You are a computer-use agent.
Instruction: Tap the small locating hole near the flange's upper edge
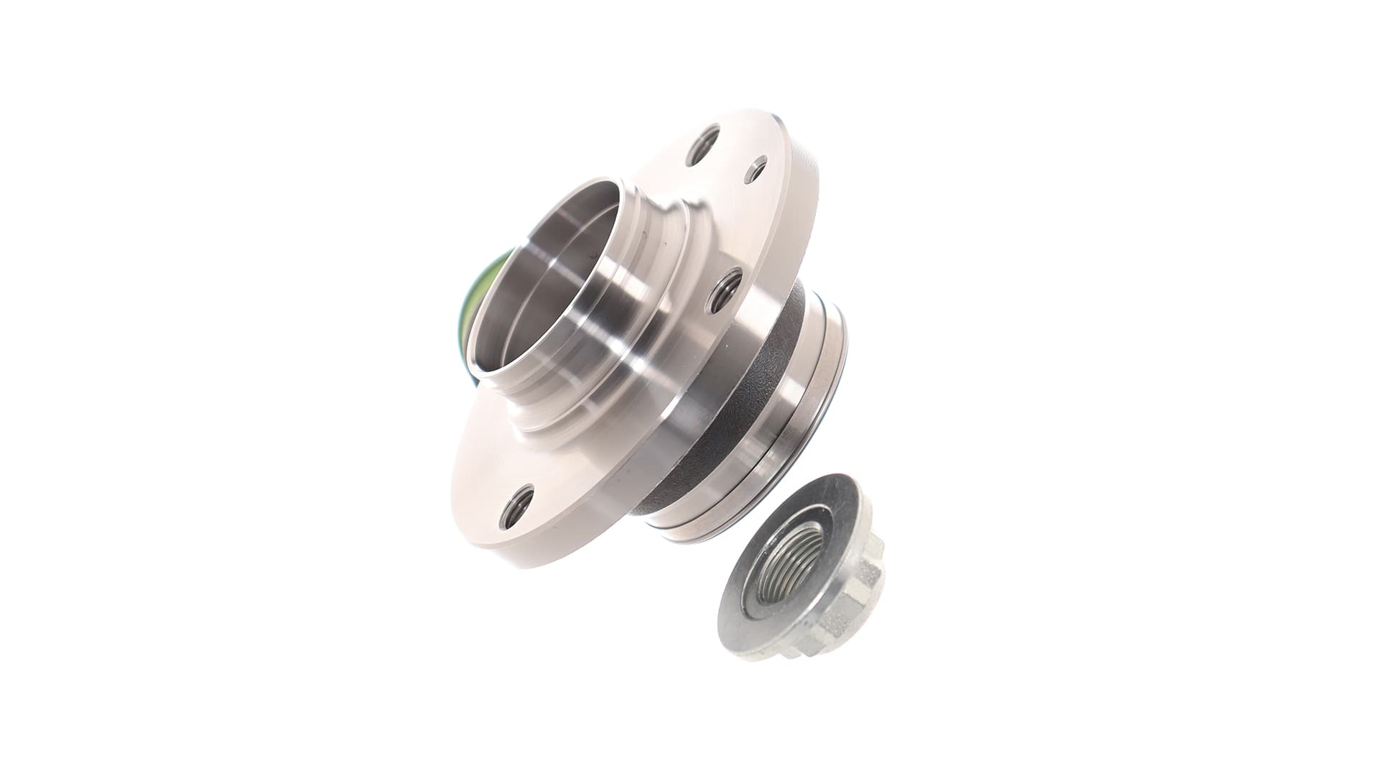click(x=756, y=171)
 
